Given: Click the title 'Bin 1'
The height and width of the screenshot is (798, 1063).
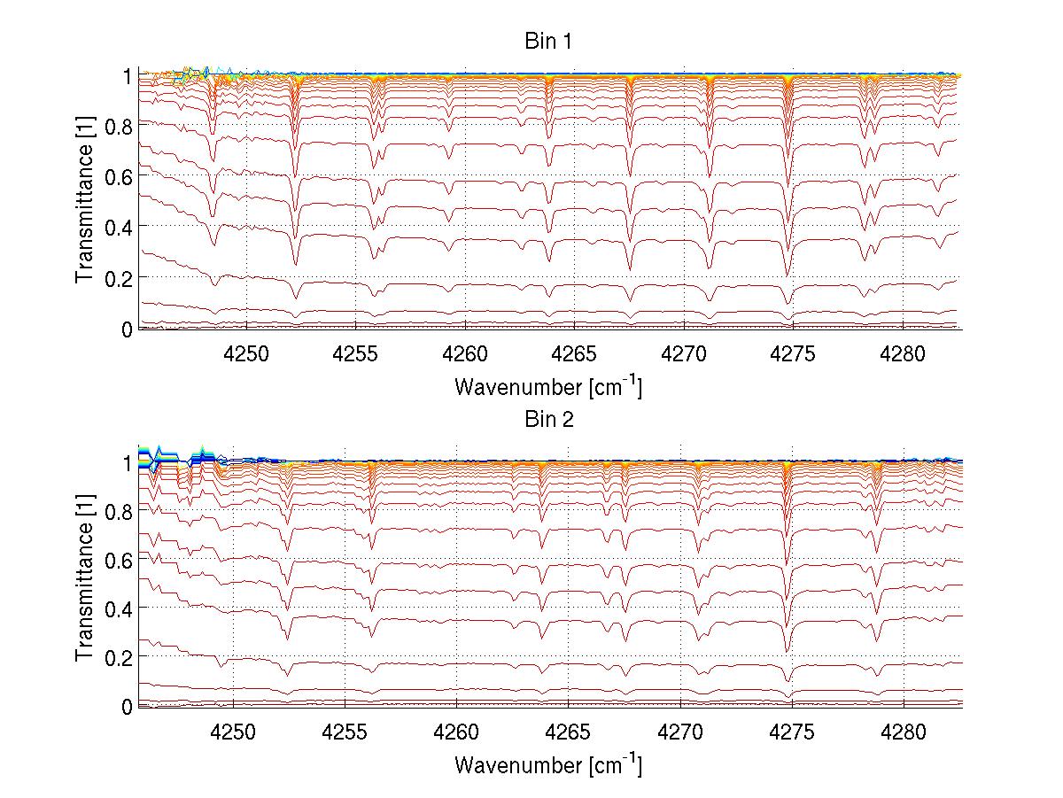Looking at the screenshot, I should (548, 42).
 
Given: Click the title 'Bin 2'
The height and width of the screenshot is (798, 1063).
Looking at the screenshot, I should (548, 419).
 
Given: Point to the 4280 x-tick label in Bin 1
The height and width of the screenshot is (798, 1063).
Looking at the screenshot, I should (903, 354).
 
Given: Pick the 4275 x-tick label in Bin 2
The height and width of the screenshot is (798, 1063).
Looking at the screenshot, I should (792, 732).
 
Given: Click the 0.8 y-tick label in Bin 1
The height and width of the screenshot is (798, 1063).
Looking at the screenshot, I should (120, 127).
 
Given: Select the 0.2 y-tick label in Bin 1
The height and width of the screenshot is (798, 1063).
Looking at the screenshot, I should (120, 278).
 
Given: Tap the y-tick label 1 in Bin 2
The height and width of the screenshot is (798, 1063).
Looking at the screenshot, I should (128, 462).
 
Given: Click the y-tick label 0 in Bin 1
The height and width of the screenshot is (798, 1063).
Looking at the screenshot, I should (128, 329).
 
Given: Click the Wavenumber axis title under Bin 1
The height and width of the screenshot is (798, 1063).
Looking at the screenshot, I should (548, 386).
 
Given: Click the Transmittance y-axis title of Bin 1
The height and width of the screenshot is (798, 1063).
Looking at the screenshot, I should (85, 202).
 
